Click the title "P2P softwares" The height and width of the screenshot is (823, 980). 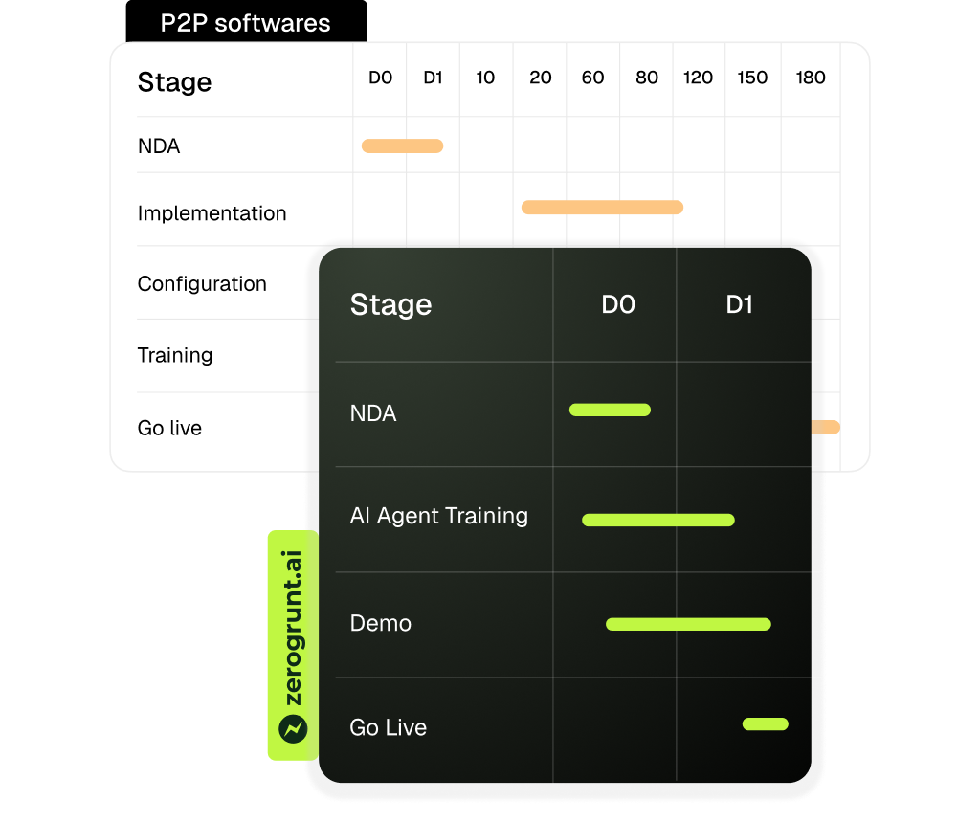point(245,24)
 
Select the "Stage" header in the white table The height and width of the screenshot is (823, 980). point(174,82)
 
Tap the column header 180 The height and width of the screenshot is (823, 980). point(810,78)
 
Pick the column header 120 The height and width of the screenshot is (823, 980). point(698,78)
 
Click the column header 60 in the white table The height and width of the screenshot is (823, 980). point(592,78)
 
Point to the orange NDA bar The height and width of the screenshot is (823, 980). point(402,146)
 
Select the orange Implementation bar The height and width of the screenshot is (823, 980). point(602,207)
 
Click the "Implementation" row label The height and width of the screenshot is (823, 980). point(212,213)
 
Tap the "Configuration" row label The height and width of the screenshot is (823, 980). point(202,284)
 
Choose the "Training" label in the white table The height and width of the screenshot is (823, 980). point(175,355)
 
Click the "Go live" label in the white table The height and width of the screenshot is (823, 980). point(169,428)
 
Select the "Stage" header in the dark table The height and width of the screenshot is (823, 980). point(390,304)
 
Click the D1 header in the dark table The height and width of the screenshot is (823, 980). point(740,305)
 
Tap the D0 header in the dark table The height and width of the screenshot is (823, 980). point(618,305)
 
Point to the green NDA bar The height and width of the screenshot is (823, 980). point(610,410)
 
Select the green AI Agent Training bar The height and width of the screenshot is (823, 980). point(658,520)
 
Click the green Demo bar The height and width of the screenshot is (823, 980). point(688,624)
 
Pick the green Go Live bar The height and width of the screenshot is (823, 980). point(766,723)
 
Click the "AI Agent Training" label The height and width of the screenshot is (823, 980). point(438,516)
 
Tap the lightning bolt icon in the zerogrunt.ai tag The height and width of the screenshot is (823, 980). point(293,729)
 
